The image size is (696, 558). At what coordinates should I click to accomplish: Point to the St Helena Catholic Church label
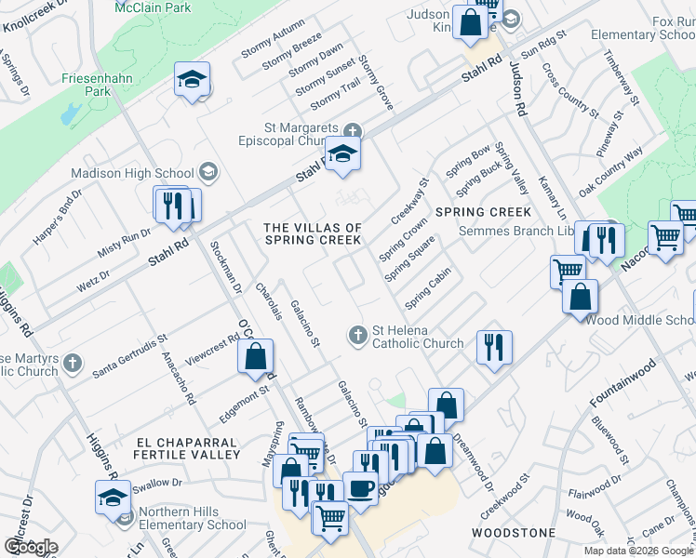(417, 336)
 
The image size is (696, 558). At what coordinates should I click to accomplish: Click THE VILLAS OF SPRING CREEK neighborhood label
(313, 233)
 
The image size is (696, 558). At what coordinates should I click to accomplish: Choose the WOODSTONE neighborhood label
(514, 533)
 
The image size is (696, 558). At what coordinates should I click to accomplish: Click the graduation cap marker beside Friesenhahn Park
(192, 80)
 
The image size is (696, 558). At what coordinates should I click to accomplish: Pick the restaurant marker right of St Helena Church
(493, 346)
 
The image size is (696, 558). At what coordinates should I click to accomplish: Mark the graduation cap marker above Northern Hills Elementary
(114, 496)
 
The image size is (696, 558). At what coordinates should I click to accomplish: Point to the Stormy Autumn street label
(272, 43)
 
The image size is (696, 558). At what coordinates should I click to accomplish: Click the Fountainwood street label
(622, 382)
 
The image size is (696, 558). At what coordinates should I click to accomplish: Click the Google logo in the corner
(31, 547)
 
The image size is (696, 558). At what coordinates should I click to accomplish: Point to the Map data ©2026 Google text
(638, 551)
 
